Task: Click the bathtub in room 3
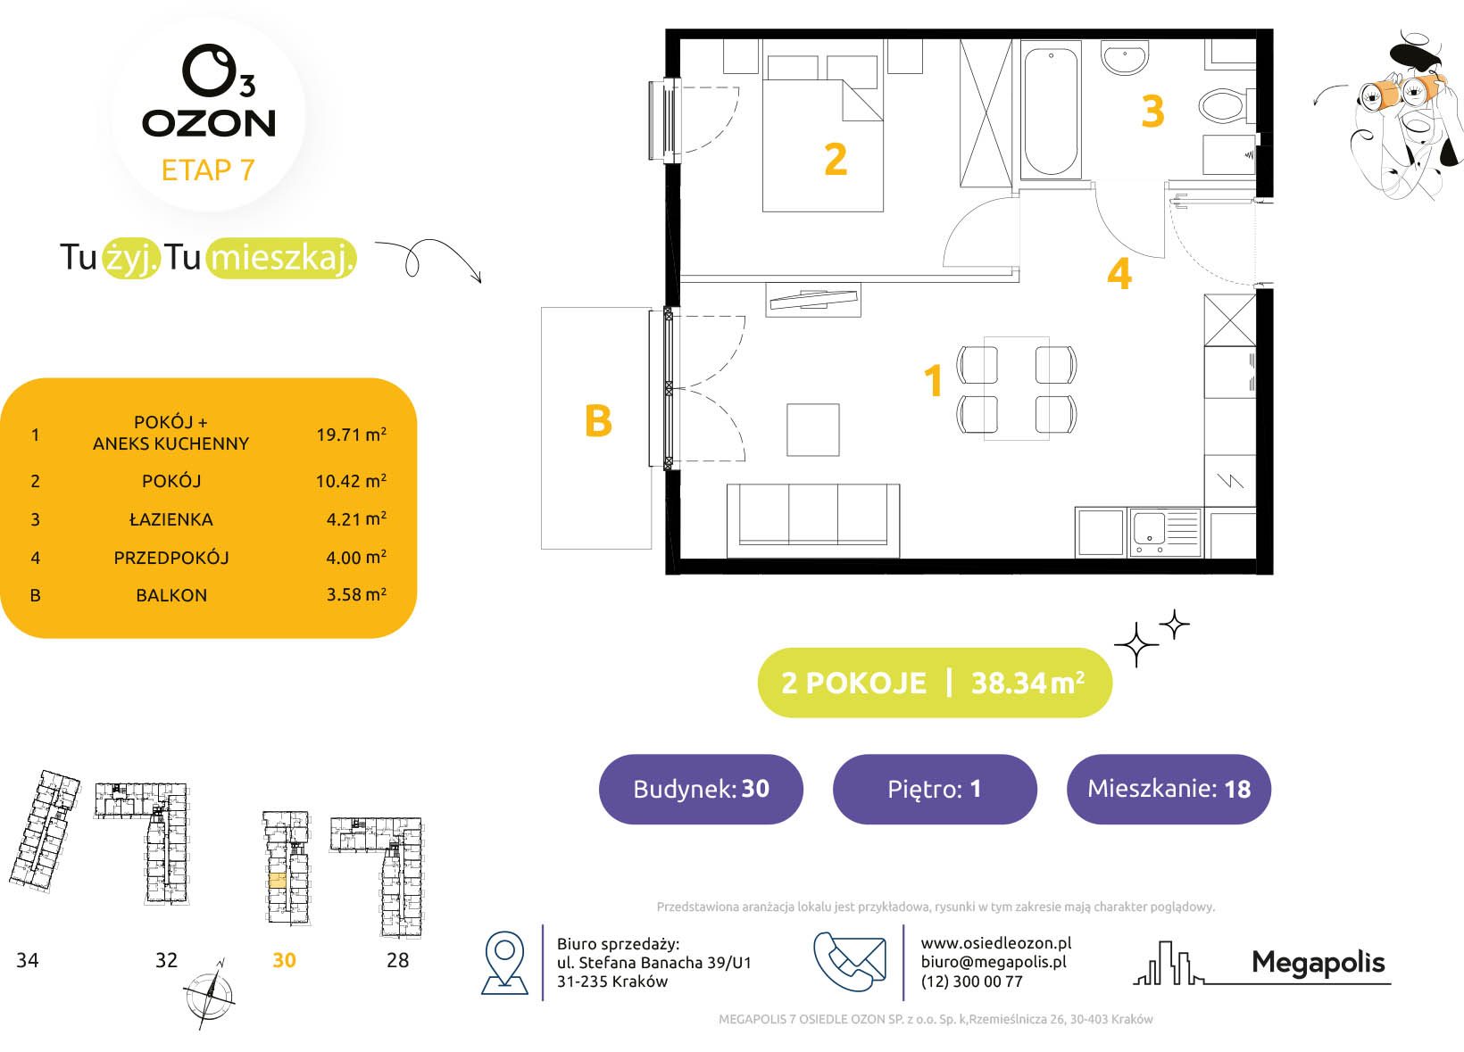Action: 1051,111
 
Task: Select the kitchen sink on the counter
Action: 1165,533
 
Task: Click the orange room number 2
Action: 836,159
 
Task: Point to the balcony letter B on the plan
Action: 598,420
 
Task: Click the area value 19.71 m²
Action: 352,435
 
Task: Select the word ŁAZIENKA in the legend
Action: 171,519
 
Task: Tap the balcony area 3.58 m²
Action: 356,594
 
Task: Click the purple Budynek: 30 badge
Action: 701,789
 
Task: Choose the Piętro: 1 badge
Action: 935,789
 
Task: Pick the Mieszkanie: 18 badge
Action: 1169,789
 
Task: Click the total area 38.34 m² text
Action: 1028,683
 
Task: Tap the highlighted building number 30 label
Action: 284,960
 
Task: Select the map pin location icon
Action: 504,963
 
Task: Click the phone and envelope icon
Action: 850,961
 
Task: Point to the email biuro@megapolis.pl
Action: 994,962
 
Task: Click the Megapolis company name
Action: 1318,963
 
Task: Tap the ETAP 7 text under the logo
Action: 208,170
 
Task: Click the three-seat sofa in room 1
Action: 813,521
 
